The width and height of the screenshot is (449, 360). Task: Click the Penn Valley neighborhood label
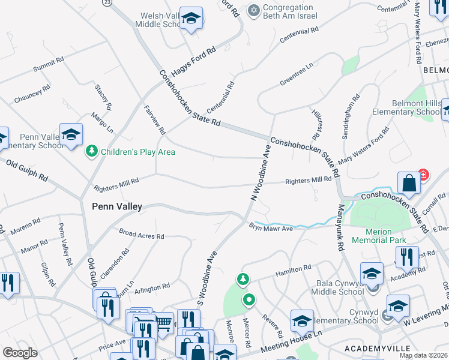[117, 206]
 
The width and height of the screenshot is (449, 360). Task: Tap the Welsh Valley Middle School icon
[191, 20]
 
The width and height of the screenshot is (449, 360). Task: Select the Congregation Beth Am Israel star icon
[254, 10]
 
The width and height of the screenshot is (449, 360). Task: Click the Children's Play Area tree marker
[91, 151]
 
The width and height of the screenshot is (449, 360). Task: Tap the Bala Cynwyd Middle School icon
[372, 274]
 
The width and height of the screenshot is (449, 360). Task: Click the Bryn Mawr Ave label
[270, 228]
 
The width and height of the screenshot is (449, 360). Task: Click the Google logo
[20, 353]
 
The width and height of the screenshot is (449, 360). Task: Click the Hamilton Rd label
[293, 270]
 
